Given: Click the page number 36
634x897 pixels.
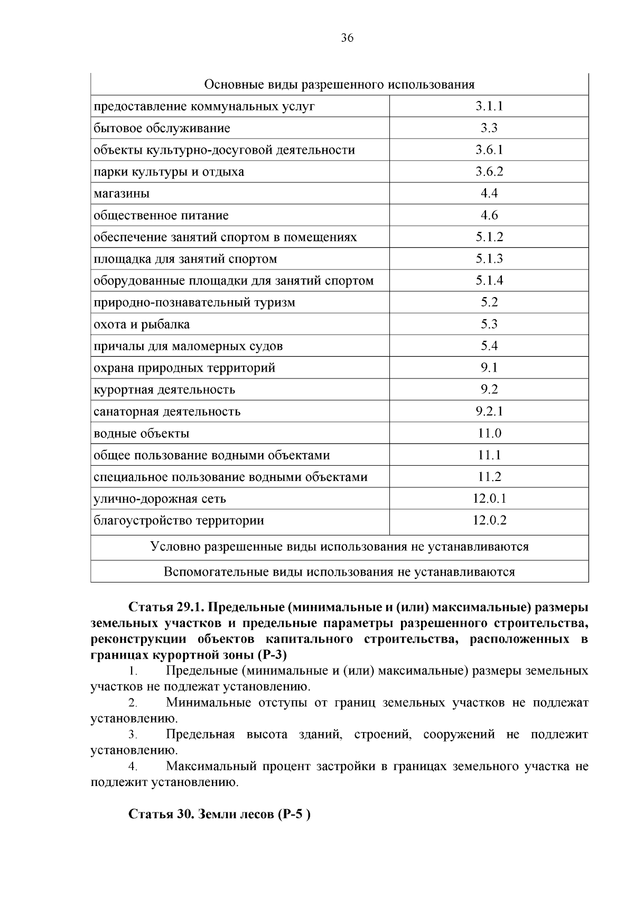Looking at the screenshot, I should coord(347,38).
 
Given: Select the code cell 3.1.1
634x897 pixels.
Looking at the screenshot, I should coord(489,106).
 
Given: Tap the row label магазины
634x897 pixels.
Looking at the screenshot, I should coord(122,193).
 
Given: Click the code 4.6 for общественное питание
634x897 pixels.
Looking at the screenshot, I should coord(489,215).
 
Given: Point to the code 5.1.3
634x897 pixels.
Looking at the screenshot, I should coord(489,258).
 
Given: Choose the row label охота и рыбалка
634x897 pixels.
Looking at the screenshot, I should coord(142,324).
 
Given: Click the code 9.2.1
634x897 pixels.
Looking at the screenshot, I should coord(489,411).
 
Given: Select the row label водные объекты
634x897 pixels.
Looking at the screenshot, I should coord(142,433).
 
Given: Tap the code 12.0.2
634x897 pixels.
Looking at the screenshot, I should coord(489,520).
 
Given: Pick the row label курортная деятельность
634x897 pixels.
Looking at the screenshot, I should coord(164,390).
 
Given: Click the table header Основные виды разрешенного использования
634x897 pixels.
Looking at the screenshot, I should coord(339,85).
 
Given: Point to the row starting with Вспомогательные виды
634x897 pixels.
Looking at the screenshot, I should coord(339,571).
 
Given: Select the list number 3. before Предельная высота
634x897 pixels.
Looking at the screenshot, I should coord(133,735).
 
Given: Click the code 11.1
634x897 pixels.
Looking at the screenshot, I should coord(489,455).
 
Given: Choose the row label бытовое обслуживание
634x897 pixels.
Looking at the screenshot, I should coord(162,128).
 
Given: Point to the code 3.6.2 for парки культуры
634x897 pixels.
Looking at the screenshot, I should coord(489,171).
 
